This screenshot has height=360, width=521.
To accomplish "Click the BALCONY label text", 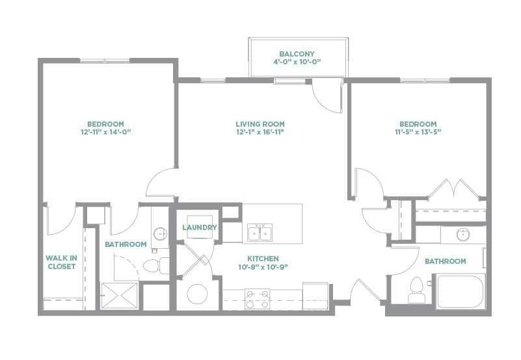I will coord(297,53).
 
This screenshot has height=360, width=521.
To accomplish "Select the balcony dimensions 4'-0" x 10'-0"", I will coord(297,62).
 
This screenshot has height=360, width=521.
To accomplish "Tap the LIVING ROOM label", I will coord(260,124).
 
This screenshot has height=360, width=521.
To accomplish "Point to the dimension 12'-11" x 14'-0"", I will coord(105,133).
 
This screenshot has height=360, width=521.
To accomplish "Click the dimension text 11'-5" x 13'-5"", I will coord(418,133).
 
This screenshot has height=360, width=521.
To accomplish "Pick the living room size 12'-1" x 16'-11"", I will coord(260,133).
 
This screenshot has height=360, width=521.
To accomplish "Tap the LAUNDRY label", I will coord(199,227).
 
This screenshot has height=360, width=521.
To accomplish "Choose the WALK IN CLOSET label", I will coord(62,262).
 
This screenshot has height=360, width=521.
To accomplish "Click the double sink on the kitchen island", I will coord(261,233).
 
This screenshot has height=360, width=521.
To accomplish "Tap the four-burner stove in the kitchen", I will coord(257,299).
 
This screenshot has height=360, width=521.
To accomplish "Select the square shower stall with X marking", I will coord(120,296).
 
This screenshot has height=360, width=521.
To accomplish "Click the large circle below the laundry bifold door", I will coord(197,294).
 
